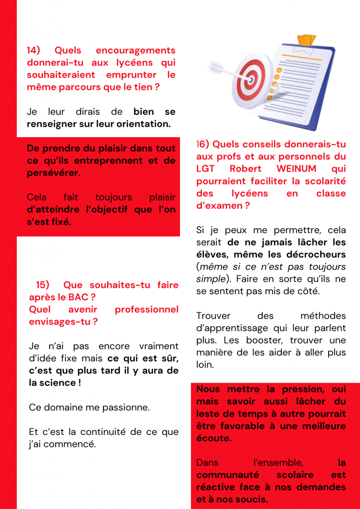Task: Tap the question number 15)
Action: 43,285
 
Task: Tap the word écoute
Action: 213,438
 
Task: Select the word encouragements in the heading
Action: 135,51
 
